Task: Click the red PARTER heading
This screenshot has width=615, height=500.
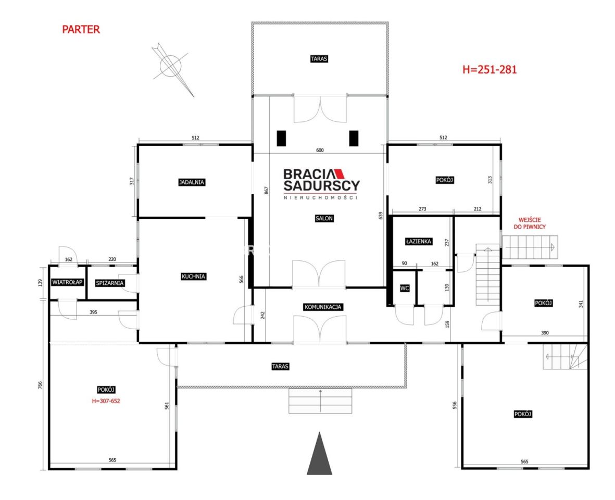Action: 81,29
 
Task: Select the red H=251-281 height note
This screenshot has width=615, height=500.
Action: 490,69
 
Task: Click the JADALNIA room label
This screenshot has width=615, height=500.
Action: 192,182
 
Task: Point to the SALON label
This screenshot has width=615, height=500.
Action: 324,218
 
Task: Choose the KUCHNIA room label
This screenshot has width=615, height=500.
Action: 193,277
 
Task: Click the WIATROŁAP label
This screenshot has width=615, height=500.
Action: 68,282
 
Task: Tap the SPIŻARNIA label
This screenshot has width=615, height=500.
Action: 110,283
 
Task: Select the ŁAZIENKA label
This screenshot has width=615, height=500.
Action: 419,241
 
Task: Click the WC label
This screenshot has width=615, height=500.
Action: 405,288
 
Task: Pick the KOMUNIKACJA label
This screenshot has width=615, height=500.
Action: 322,307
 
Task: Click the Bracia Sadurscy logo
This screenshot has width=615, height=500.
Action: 321,184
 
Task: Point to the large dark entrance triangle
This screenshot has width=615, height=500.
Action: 319,453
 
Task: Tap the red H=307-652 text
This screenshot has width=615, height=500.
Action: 106,401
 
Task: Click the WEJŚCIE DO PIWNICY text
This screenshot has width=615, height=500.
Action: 530,223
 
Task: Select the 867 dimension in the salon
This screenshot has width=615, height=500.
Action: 267,190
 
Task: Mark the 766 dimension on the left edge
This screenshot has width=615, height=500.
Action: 40,385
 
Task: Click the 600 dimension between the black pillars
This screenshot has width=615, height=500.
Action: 320,150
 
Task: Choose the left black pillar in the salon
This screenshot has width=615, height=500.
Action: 281,139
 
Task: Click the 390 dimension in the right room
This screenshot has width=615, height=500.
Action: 545,333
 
